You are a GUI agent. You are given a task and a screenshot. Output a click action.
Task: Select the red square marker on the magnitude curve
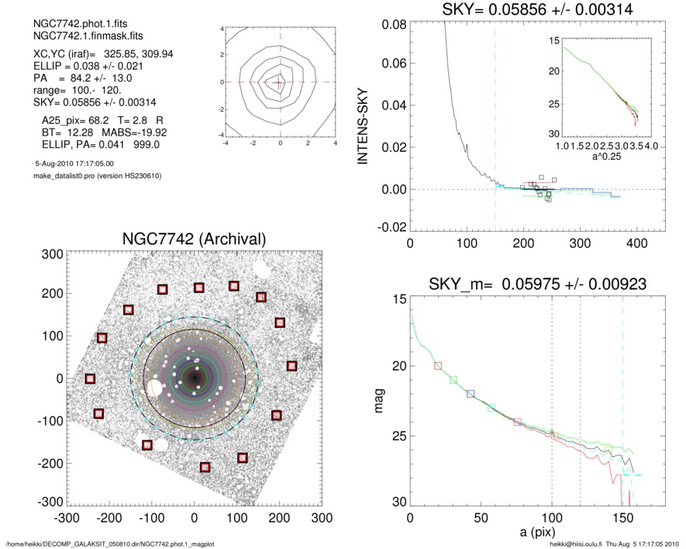coord(438,365)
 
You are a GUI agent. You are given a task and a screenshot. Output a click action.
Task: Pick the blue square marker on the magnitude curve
coord(471,394)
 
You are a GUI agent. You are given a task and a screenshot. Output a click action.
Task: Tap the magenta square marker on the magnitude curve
coord(518,422)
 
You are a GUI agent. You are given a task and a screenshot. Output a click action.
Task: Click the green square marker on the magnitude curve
coord(453,379)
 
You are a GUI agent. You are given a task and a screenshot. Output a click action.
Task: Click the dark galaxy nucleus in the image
coord(194,378)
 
